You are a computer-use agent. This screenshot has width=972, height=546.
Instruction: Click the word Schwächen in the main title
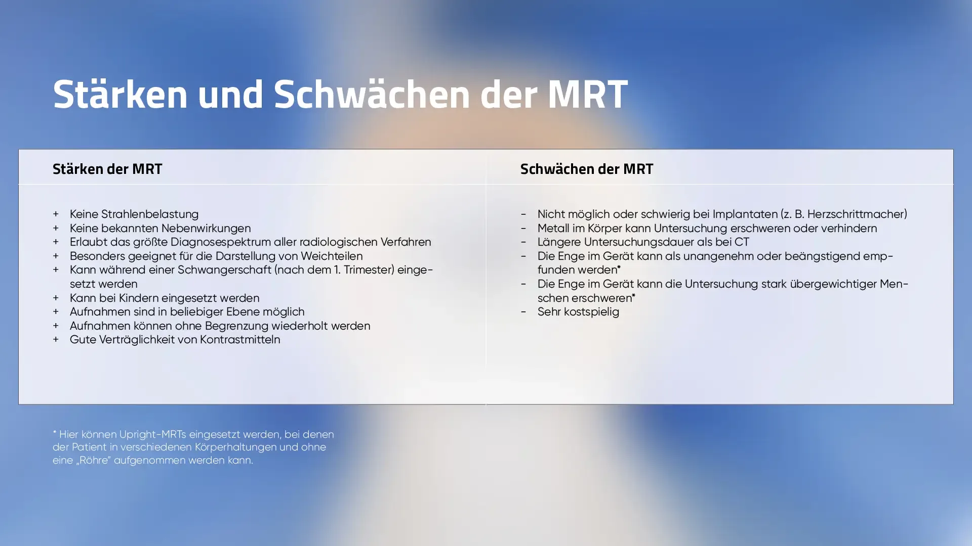372,95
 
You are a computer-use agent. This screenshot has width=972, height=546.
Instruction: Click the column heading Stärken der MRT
107,169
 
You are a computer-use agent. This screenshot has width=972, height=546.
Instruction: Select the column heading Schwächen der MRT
587,169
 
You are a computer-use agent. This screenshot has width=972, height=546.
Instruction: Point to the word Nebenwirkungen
206,229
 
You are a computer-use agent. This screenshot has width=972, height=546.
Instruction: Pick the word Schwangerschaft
224,270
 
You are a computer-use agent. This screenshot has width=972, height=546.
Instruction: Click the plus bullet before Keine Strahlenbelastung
56,214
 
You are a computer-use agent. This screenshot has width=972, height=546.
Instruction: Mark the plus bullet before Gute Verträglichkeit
56,340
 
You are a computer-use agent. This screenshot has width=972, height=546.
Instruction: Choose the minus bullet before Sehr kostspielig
523,312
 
